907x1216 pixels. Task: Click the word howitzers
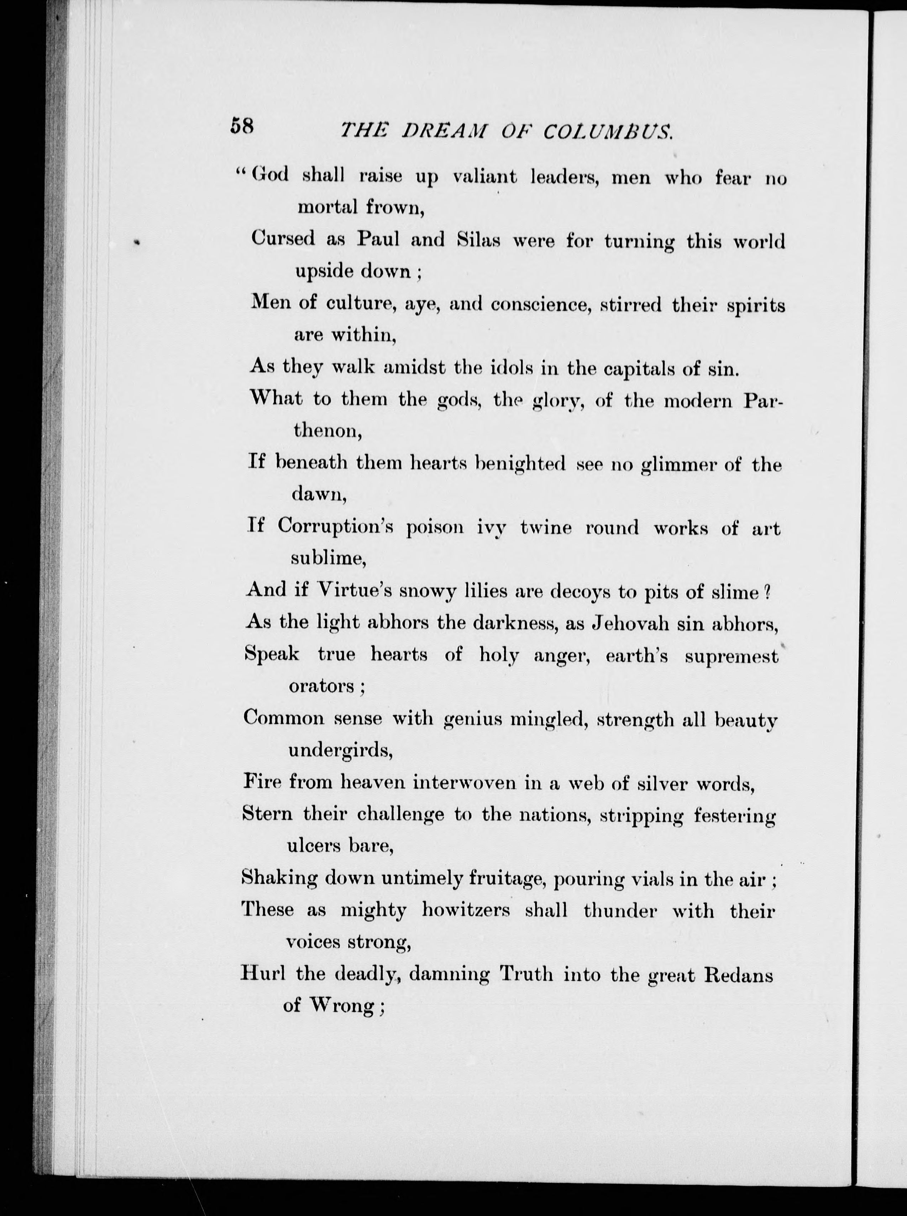point(466,910)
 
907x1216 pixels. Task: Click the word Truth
point(526,974)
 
